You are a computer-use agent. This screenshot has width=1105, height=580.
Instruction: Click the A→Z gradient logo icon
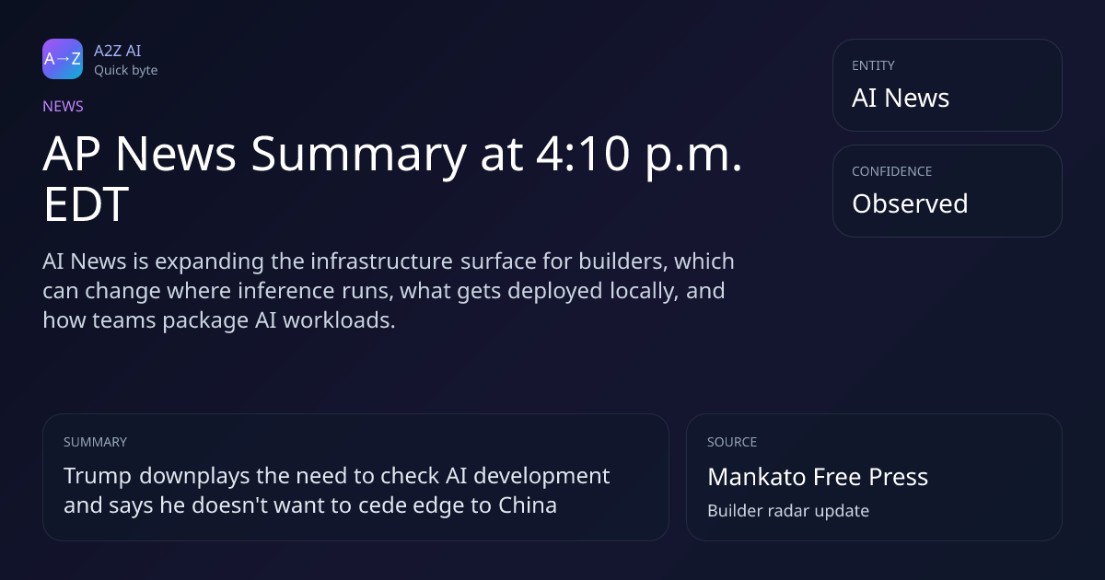coord(63,59)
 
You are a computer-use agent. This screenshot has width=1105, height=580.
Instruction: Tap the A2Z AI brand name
coord(118,51)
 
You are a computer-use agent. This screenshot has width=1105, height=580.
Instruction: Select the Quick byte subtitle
coord(126,71)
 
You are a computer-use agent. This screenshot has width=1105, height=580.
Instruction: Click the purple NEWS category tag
coord(63,107)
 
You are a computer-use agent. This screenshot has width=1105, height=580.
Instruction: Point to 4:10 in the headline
coord(583,154)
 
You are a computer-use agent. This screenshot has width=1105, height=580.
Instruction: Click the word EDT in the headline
coord(87,203)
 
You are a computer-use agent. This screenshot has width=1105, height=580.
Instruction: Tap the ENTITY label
coord(873,65)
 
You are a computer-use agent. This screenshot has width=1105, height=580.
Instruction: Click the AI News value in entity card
coord(901,98)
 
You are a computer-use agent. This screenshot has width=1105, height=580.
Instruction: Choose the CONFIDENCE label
coord(892,171)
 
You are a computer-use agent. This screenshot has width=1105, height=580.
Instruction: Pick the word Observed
coord(910,203)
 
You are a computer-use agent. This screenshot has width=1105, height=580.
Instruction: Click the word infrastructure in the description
coord(381,261)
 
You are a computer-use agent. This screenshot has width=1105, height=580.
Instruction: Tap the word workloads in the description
coord(339,320)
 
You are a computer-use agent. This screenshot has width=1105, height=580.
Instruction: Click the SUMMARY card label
coord(95,442)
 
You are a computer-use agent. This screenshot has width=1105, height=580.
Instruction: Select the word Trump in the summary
coord(98,477)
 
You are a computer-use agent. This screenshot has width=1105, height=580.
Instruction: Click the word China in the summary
coord(528,505)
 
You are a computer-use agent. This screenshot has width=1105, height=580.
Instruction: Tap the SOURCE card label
coord(732,442)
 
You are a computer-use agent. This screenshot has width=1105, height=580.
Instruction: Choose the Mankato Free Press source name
coord(818,477)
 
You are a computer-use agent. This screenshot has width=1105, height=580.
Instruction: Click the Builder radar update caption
coord(788,511)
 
